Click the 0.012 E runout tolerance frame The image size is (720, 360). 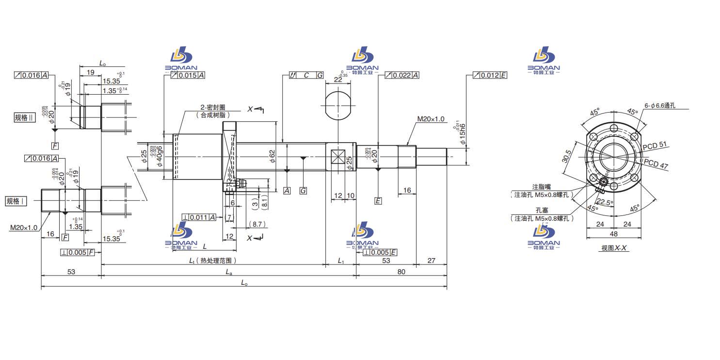click(x=490, y=75)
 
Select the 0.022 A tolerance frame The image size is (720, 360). click(x=402, y=75)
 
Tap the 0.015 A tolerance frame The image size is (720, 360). click(x=188, y=75)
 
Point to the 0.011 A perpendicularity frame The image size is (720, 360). click(x=199, y=217)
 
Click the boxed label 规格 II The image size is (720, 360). click(x=25, y=117)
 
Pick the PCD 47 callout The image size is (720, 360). click(x=657, y=165)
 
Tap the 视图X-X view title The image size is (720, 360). click(x=614, y=248)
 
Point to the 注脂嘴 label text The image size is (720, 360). click(x=541, y=187)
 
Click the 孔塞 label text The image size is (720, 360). click(x=541, y=211)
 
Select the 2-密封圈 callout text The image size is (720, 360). click(x=213, y=107)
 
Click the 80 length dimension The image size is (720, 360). click(x=401, y=272)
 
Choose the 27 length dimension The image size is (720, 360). click(x=431, y=261)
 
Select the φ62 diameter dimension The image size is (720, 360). click(x=272, y=155)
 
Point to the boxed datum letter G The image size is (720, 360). click(x=303, y=191)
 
